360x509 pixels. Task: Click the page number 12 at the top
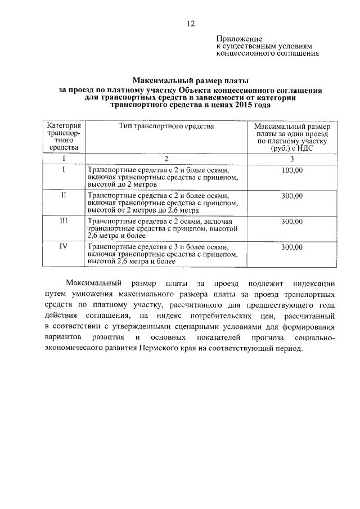191,23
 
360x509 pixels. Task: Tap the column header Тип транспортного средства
166,127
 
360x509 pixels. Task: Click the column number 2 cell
166,158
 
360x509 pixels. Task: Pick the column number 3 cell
292,158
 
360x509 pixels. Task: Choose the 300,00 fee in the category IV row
292,246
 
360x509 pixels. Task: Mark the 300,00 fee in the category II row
292,195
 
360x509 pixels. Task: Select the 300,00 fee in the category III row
292,221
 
